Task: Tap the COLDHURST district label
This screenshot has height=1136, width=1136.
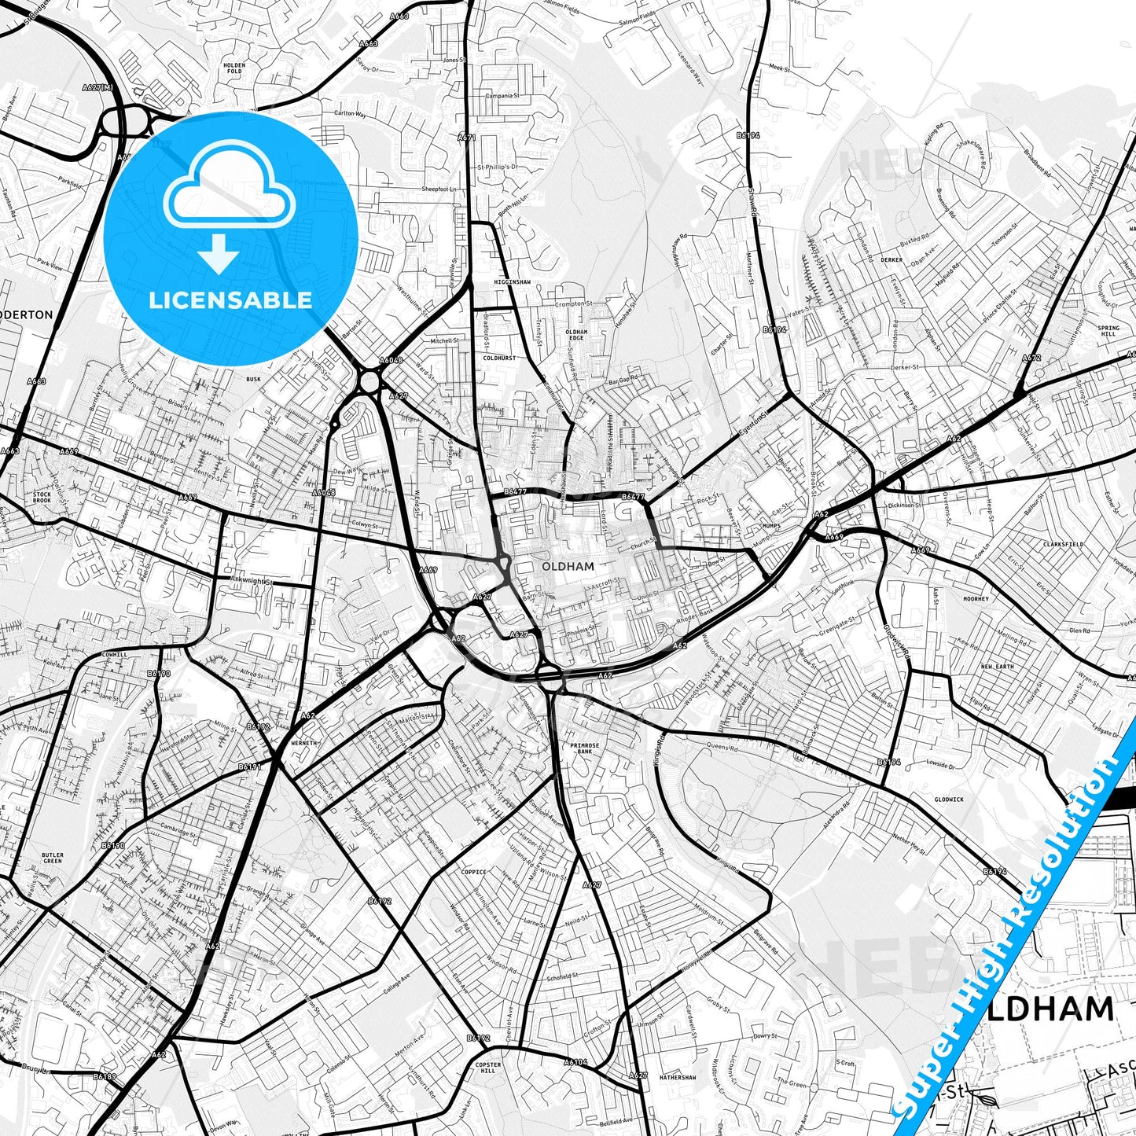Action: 499,358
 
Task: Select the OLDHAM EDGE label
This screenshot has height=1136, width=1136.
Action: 576,336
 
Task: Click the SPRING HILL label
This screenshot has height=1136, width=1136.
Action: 1108,331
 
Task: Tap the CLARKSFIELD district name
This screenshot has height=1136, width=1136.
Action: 1063,544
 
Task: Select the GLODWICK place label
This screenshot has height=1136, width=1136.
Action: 948,800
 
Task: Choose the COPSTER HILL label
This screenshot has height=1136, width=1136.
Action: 487,1068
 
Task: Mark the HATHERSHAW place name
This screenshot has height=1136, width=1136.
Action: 678,1078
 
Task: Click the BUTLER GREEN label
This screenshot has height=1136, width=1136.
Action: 53,858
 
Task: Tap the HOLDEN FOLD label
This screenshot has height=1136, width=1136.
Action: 234,68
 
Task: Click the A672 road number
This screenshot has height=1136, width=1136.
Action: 1031,358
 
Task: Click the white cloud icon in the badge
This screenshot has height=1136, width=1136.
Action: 230,189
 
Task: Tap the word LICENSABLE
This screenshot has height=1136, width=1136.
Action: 231,300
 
